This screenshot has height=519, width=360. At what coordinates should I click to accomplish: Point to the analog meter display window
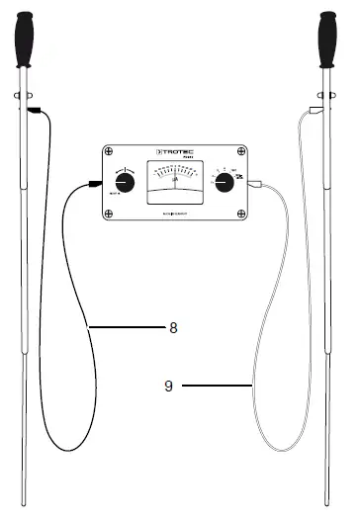point(175,184)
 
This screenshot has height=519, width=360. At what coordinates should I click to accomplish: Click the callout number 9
point(169,386)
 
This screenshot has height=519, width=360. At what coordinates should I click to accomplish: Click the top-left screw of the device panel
point(107,152)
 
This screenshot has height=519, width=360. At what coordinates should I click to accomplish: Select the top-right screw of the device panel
point(244,152)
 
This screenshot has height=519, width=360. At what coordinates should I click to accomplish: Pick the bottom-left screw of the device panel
point(107,216)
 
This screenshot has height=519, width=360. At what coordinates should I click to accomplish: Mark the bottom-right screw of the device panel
point(244,216)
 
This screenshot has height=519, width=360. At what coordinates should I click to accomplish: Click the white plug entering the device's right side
point(256,184)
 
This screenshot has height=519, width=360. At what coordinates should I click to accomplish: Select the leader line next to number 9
point(218,385)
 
